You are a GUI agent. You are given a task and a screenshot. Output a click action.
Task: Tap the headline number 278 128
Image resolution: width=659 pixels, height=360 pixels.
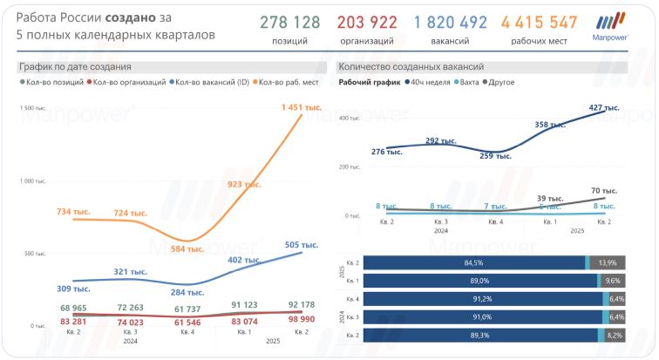pos(289,23)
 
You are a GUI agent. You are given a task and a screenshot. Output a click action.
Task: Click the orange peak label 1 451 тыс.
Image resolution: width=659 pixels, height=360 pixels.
pos(302,107)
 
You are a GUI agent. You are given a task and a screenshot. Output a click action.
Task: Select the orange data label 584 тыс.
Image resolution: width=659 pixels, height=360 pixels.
pos(186,248)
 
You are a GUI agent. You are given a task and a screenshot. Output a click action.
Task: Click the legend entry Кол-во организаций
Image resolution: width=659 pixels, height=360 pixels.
pos(130,83)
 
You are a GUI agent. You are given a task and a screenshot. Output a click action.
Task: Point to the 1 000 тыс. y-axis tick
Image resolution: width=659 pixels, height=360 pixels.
pos(33,181)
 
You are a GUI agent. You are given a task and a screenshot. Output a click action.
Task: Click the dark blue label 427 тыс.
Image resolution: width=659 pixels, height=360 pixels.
pos(604,108)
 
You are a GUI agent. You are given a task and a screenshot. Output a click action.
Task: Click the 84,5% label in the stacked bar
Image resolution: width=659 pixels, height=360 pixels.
pos(474,262)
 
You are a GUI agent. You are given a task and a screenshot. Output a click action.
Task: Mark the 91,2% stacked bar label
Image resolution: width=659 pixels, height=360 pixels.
pos(474,299)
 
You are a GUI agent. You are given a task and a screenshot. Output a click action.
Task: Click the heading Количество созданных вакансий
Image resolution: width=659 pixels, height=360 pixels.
pos(410,66)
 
